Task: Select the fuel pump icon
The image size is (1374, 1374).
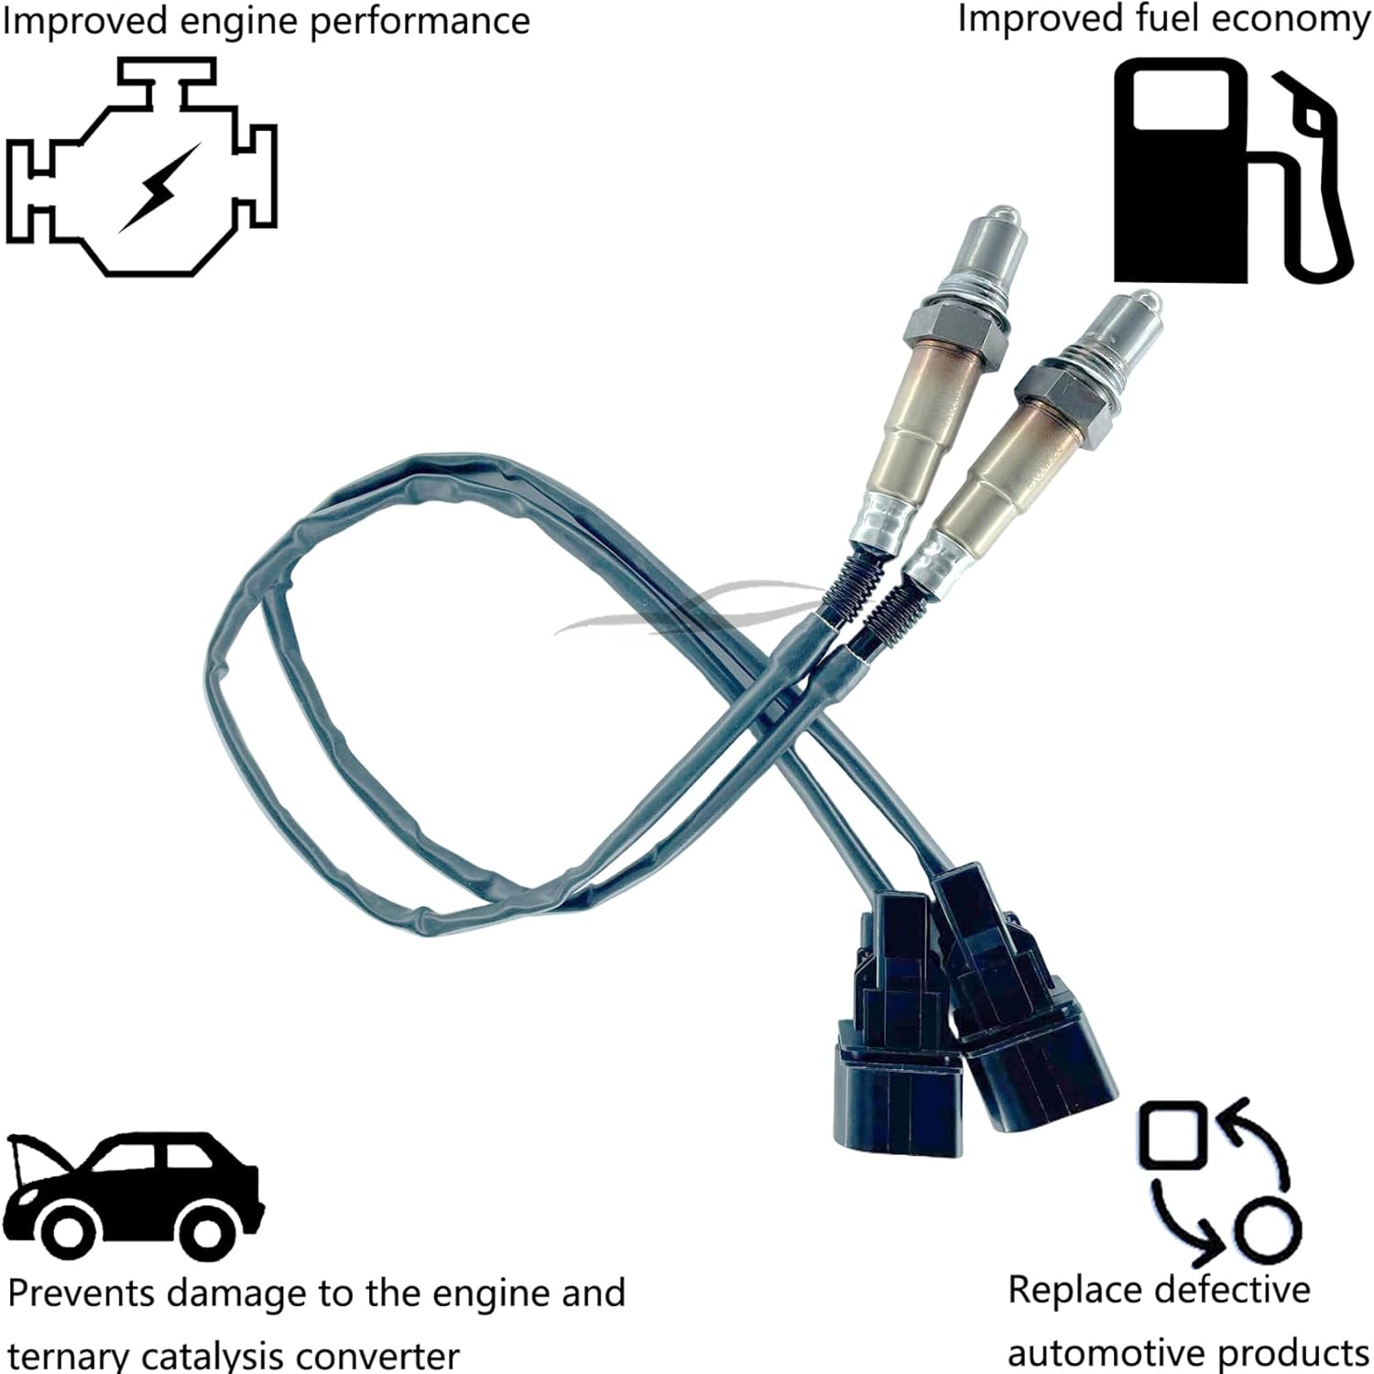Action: tap(1232, 170)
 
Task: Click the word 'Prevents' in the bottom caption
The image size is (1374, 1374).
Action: tap(83, 1293)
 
